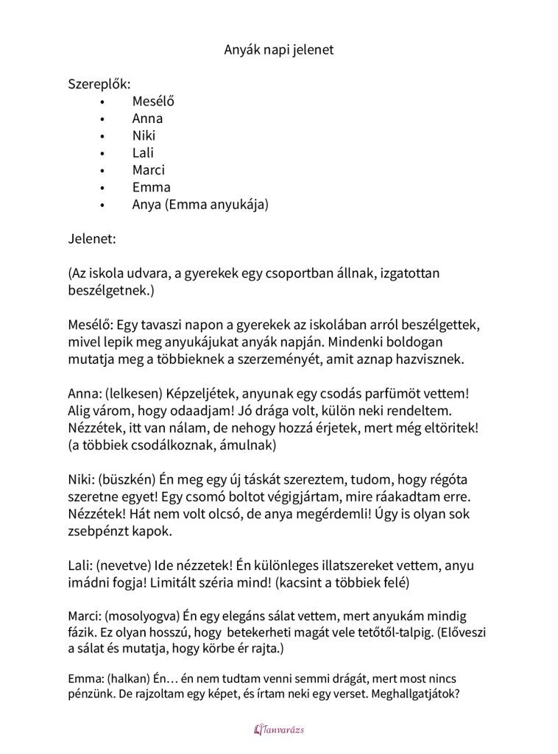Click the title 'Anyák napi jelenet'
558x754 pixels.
click(278, 50)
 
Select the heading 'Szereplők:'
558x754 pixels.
click(99, 84)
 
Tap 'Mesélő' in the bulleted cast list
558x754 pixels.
click(153, 102)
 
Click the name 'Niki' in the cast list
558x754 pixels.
click(144, 135)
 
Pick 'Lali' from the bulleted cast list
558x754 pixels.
click(143, 153)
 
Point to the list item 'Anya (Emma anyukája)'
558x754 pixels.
click(200, 205)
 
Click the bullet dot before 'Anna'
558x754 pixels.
click(102, 119)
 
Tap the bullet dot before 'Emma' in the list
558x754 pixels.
click(102, 188)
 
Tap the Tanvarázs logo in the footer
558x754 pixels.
click(278, 730)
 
